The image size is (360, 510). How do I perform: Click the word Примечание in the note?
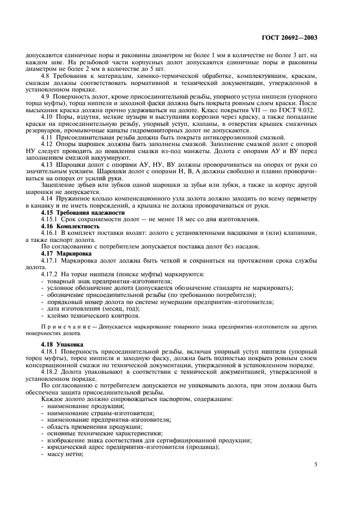[x=63, y=325]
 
